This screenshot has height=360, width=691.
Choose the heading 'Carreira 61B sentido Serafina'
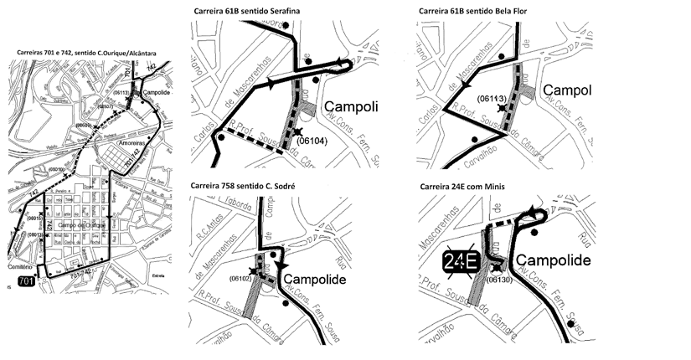tap(243, 10)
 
